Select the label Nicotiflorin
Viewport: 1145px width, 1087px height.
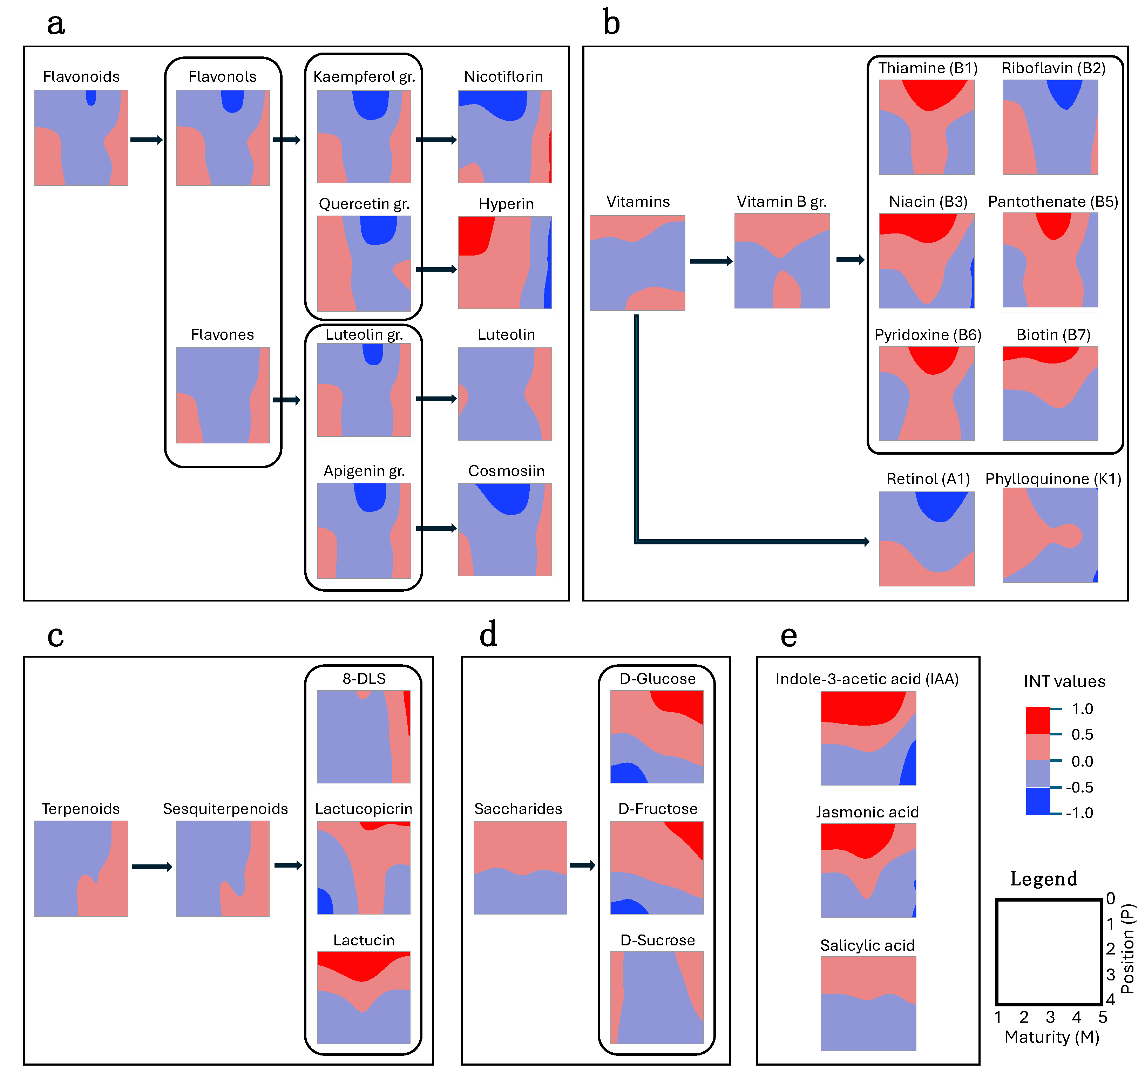click(503, 76)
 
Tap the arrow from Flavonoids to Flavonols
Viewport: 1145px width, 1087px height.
click(146, 140)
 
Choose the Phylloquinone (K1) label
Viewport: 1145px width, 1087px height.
click(1053, 478)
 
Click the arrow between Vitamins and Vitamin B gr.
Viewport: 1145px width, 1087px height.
click(710, 261)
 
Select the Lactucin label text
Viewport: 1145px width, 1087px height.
click(363, 940)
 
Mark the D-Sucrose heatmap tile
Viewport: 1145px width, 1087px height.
click(657, 997)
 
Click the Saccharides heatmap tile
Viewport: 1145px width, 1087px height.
click(520, 868)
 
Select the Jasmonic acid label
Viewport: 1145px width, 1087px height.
click(867, 812)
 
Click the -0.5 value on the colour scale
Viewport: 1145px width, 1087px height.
click(1079, 787)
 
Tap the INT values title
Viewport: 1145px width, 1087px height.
click(1064, 681)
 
